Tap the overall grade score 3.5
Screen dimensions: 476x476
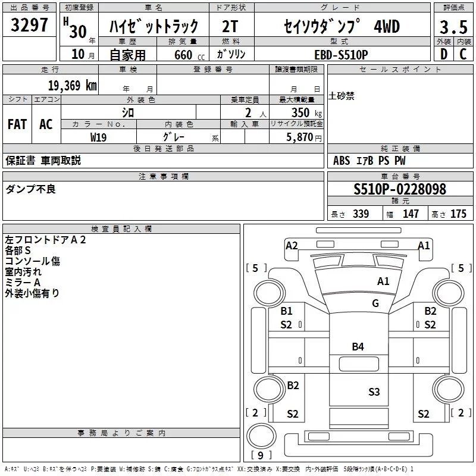pos(453,27)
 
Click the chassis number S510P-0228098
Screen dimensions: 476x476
pos(400,190)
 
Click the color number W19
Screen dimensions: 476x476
pos(99,137)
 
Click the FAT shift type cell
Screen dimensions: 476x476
pos(17,124)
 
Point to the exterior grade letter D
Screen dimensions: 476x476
pos(443,54)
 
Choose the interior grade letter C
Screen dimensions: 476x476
pos(463,54)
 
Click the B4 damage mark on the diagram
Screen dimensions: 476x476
pos(358,346)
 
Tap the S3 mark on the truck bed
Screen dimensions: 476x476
pos(374,392)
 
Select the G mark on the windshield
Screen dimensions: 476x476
pos(375,303)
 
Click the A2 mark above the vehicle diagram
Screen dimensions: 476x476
pos(292,245)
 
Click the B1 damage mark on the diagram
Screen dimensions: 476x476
pos(287,311)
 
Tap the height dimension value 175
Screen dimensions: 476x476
pos(458,214)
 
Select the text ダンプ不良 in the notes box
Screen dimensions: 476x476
pos(30,189)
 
